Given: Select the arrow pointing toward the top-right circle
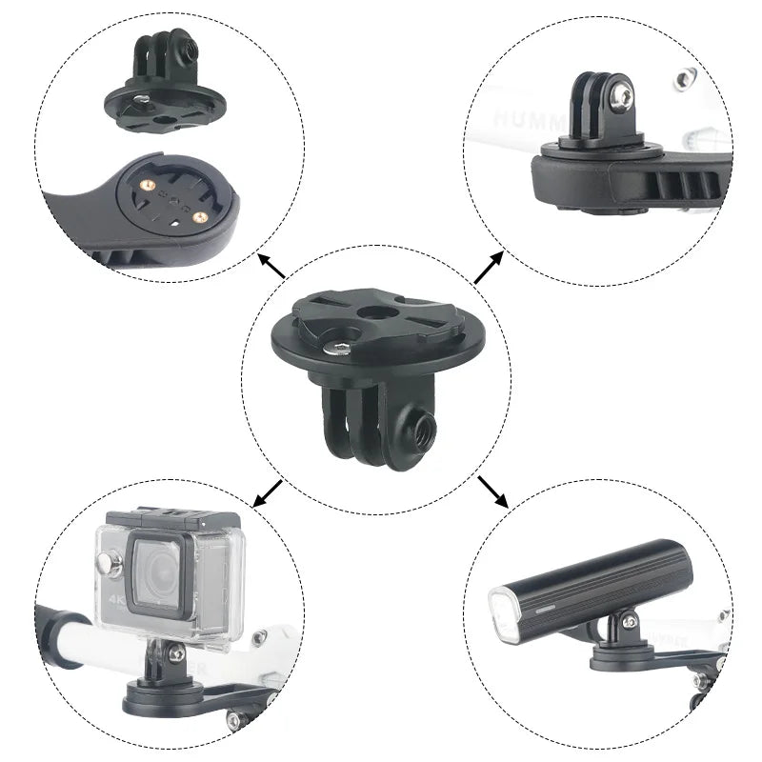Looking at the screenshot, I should click(490, 269).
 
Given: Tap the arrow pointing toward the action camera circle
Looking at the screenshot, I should click(268, 493).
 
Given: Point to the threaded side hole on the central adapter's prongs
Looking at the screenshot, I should click(417, 416).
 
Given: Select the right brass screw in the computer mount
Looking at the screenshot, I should click(198, 217).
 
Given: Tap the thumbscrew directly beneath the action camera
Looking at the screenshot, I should click(174, 652).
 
